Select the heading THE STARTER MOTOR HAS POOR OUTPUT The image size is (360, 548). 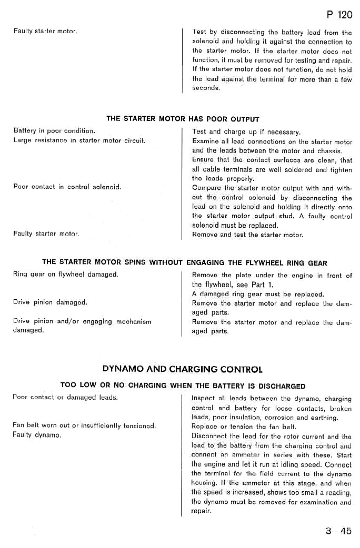click(183, 119)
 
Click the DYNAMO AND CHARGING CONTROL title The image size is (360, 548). click(183, 369)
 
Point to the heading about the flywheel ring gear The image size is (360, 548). click(185, 262)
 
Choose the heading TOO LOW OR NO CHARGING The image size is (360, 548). click(183, 385)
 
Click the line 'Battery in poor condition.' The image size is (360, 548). click(54, 130)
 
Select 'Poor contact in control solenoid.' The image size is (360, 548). click(67, 187)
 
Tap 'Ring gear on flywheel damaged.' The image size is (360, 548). click(66, 275)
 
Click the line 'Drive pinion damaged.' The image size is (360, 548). click(50, 302)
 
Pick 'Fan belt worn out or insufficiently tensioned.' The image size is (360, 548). click(84, 425)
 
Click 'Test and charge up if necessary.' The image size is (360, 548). click(246, 131)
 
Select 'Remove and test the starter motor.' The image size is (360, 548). click(248, 235)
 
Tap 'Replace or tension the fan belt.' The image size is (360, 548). click(244, 427)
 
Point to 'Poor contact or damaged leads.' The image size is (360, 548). click(65, 398)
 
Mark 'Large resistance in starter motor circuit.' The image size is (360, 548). click(79, 140)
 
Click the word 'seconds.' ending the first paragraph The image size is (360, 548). click(206, 88)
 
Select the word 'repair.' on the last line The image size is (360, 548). click(201, 511)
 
